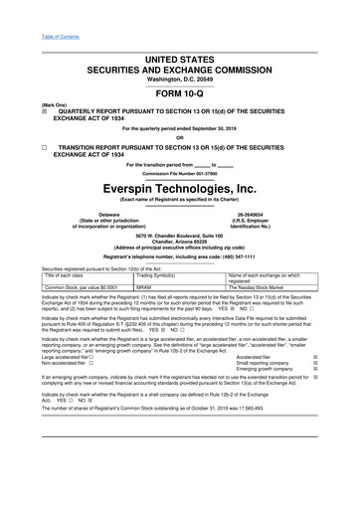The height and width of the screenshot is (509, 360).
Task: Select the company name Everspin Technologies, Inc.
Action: coord(180,187)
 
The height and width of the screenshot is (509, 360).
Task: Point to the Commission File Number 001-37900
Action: coord(180,172)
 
